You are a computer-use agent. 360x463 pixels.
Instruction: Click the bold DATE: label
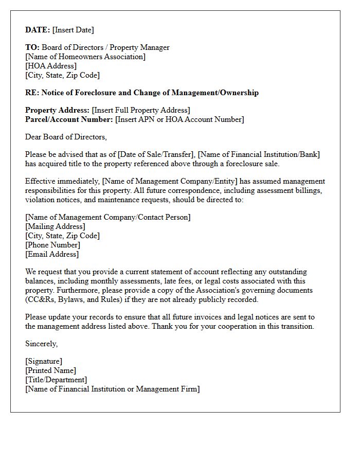point(38,30)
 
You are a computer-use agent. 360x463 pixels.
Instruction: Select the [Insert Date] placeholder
point(74,30)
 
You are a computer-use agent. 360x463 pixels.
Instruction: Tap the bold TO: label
point(32,47)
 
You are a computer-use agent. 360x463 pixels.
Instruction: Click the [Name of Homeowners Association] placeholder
point(85,57)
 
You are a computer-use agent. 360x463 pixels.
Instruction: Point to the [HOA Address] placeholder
point(51,66)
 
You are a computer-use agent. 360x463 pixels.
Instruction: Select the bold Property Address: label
point(57,110)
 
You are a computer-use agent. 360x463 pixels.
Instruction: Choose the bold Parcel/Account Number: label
point(69,119)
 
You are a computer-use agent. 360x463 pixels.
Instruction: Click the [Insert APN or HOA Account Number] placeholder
point(180,119)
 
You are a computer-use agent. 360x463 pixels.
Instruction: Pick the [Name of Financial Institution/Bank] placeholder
point(259,154)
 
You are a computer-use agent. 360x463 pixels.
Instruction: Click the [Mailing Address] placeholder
point(56,226)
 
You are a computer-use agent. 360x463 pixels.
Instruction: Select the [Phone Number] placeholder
point(53,245)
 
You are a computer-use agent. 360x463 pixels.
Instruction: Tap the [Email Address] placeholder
point(52,254)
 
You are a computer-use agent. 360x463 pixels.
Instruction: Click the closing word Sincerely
point(42,344)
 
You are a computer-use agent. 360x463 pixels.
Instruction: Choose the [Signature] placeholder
point(44,361)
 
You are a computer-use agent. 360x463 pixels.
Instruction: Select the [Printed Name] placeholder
point(50,370)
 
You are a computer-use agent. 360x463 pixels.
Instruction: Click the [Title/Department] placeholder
point(56,380)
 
